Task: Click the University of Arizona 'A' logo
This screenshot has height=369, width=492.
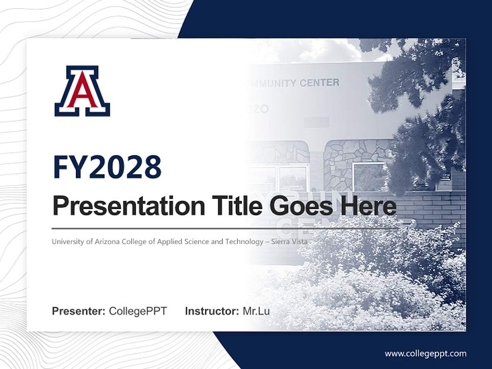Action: [82, 91]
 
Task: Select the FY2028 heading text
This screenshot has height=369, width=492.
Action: [107, 167]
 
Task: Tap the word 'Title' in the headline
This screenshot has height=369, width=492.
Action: [234, 206]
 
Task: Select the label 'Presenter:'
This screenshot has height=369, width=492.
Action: [79, 311]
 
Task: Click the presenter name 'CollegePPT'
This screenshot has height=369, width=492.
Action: [138, 311]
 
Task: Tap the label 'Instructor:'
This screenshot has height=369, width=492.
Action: [212, 311]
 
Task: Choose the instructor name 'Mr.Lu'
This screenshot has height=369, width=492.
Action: [256, 311]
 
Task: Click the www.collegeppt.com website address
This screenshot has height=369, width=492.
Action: [425, 353]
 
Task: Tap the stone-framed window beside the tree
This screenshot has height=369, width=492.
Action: [369, 177]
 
